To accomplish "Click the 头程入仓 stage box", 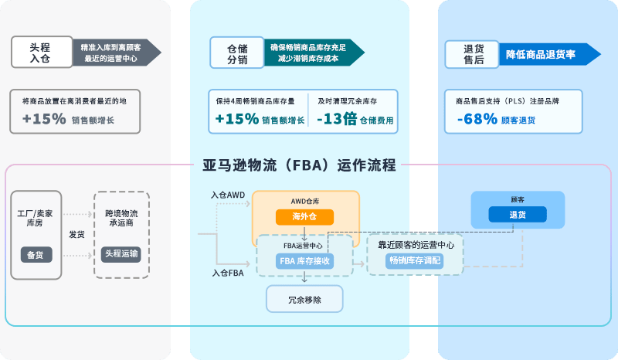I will click(x=41, y=52).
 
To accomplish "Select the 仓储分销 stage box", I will click(x=237, y=53).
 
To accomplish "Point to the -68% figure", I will click(x=477, y=120).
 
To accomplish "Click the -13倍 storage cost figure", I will click(x=338, y=120).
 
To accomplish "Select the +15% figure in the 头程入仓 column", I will click(x=44, y=120).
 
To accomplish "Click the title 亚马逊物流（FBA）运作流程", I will click(x=299, y=165).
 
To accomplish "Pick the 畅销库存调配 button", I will click(x=416, y=261).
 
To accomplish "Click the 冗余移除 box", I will click(x=304, y=298).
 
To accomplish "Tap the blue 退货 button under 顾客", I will click(x=517, y=215).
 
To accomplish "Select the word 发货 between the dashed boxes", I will click(x=76, y=234).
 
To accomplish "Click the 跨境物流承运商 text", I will click(x=121, y=217).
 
